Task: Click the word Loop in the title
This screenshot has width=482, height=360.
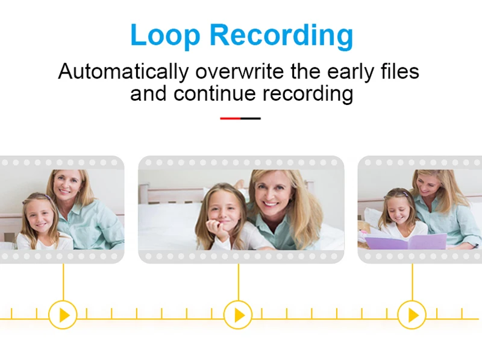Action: tap(165, 36)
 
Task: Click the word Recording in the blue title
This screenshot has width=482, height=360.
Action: tap(281, 36)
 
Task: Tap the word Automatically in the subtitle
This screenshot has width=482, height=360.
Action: tap(124, 71)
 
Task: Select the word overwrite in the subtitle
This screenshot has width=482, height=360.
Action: tap(239, 71)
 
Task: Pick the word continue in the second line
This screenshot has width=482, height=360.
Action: tap(214, 93)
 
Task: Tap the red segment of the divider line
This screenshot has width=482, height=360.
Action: tap(230, 118)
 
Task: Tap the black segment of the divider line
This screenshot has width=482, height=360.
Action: tap(251, 118)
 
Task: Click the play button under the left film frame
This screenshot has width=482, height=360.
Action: tap(63, 315)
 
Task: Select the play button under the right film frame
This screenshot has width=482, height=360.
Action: tap(412, 315)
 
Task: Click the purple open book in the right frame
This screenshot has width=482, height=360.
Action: tap(405, 241)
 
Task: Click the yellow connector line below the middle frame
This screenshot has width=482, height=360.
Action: tap(239, 282)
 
